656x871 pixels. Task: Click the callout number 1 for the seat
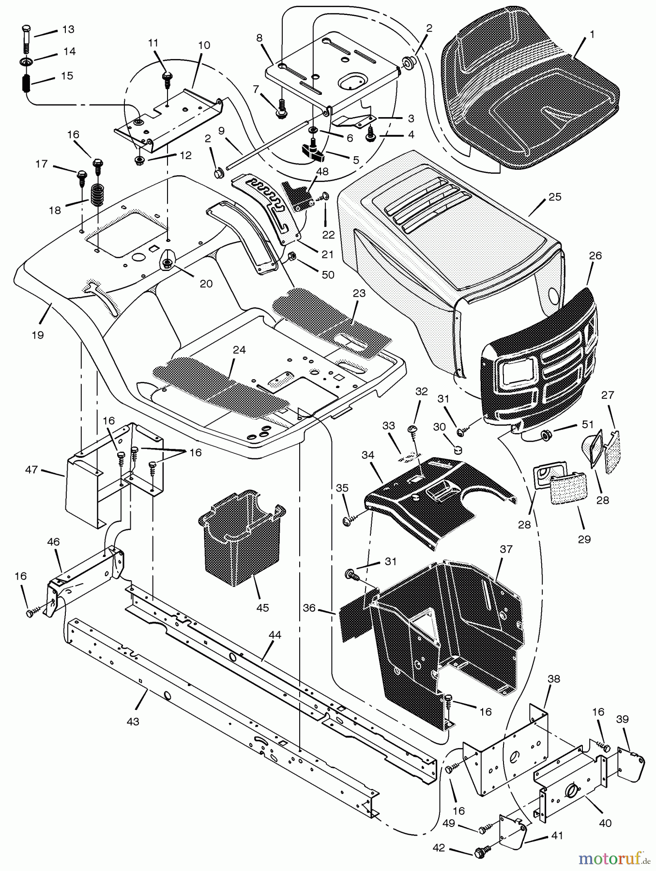(592, 35)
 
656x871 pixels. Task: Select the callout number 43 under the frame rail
(133, 721)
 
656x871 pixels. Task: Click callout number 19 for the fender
(38, 334)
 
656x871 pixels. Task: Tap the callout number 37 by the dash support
(506, 549)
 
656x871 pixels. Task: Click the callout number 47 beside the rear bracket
(31, 469)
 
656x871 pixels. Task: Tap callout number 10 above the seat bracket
(204, 45)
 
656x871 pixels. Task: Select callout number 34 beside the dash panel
(368, 455)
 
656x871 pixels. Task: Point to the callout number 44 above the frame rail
(275, 635)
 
